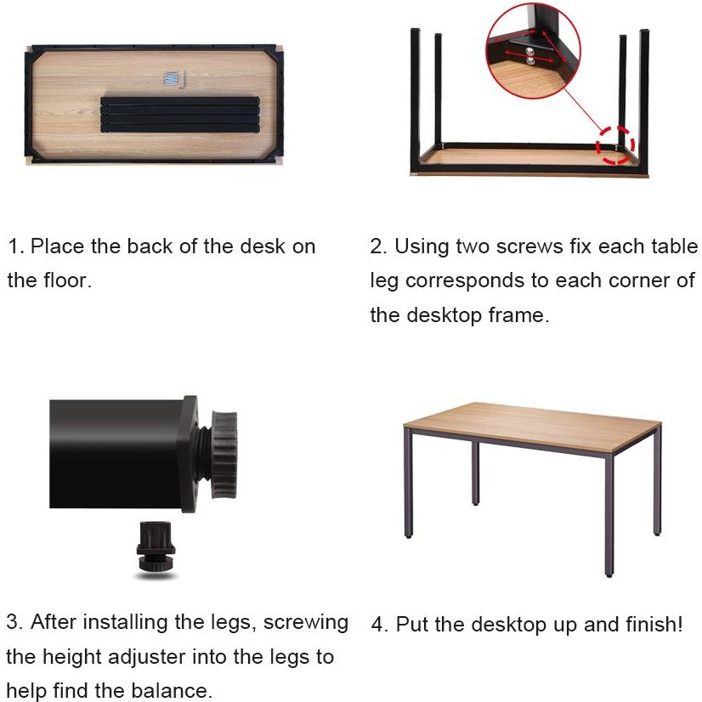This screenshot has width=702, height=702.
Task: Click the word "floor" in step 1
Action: [67, 280]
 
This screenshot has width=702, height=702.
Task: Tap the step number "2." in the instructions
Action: [378, 246]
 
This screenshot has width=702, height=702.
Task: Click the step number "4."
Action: [380, 625]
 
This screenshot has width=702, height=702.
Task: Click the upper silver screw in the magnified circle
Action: [529, 51]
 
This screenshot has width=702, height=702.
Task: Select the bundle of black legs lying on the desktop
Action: [180, 115]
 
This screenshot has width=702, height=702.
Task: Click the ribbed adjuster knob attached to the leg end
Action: [224, 455]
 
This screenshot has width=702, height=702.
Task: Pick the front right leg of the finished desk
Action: [609, 515]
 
